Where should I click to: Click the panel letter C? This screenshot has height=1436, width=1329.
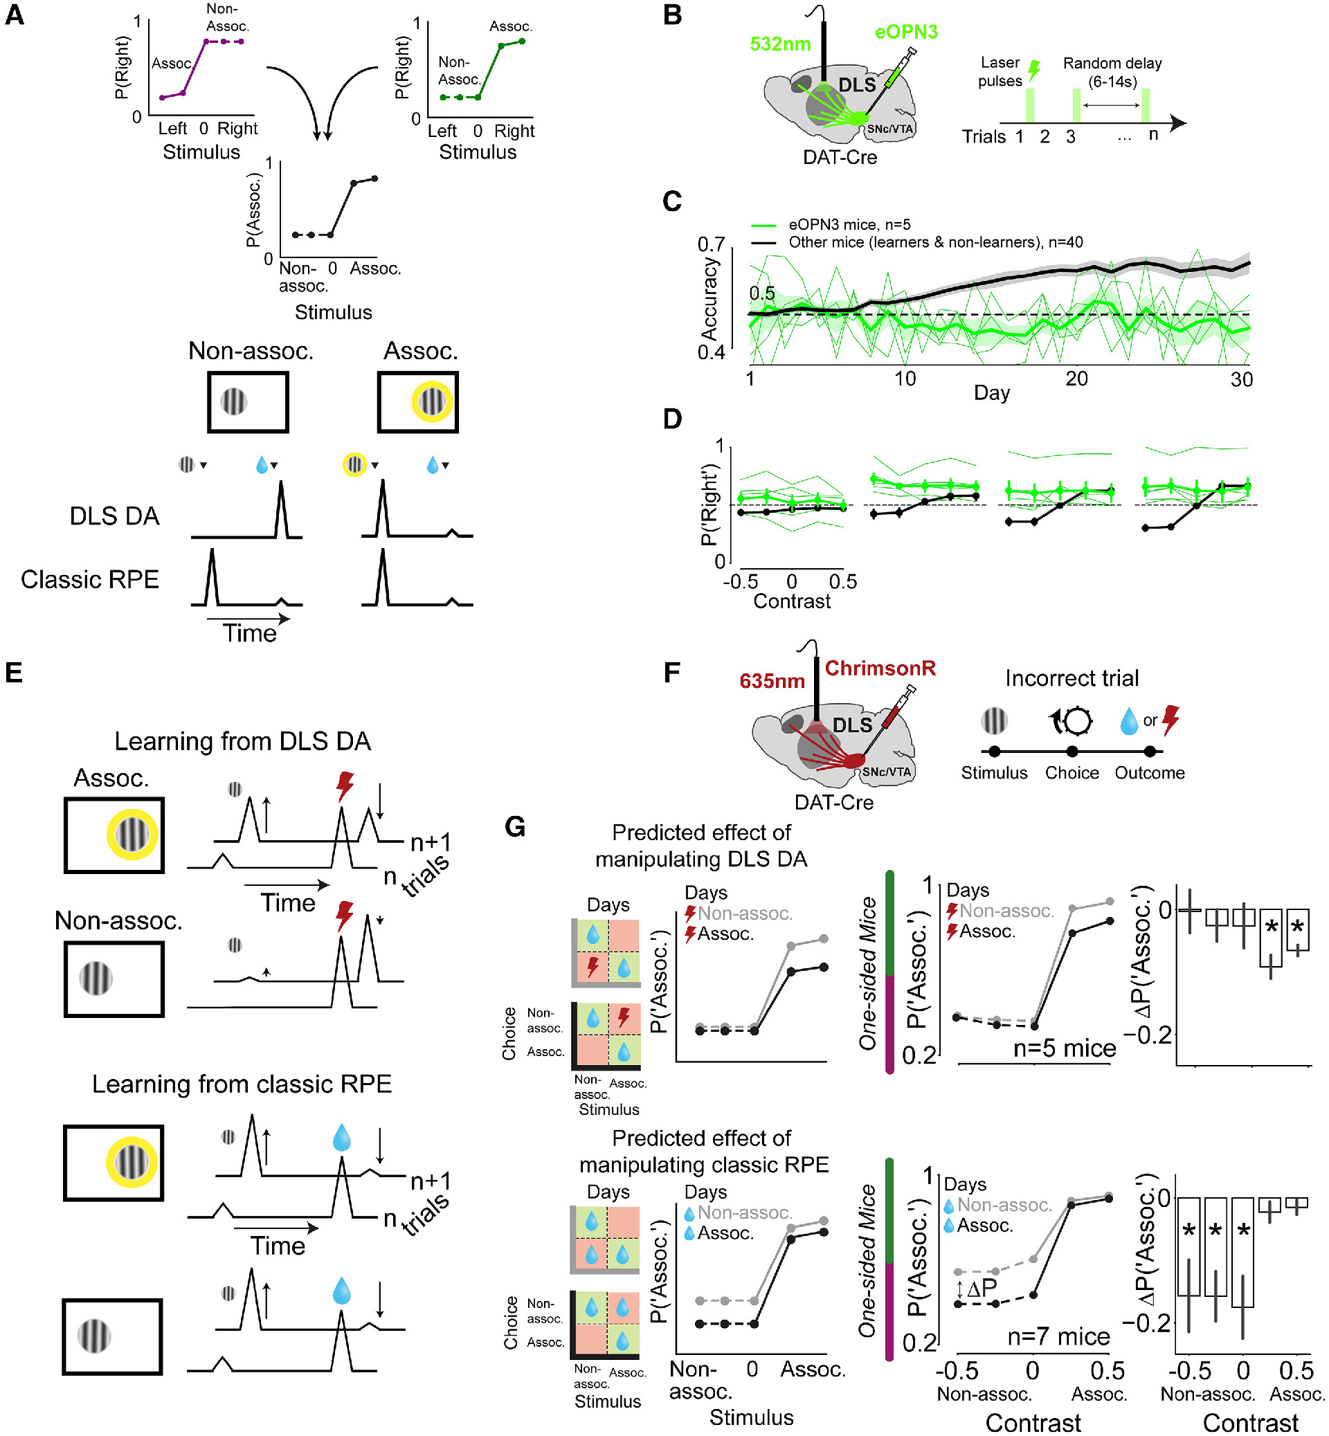pyautogui.click(x=671, y=202)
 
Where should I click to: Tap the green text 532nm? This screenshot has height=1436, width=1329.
pyautogui.click(x=779, y=44)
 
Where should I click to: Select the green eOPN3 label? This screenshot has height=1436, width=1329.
pyautogui.click(x=905, y=32)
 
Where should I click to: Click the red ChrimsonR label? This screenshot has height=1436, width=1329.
pyautogui.click(x=880, y=668)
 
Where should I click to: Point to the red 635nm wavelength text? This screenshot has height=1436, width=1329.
pyautogui.click(x=772, y=680)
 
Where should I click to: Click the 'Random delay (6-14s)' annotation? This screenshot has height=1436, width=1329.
pyautogui.click(x=1112, y=72)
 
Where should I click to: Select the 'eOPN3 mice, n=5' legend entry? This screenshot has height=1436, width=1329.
pyautogui.click(x=849, y=224)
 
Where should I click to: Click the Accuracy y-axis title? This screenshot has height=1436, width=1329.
pyautogui.click(x=709, y=298)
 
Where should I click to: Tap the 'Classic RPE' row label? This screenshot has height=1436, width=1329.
pyautogui.click(x=90, y=579)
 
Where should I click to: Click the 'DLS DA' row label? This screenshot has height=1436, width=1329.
pyautogui.click(x=114, y=516)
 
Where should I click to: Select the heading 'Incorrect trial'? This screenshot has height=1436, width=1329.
pyautogui.click(x=1072, y=678)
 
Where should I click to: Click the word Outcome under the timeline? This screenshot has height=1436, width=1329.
pyautogui.click(x=1149, y=772)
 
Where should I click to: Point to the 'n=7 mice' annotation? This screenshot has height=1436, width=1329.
pyautogui.click(x=1058, y=1336)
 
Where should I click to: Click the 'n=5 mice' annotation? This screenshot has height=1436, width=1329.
pyautogui.click(x=1064, y=1048)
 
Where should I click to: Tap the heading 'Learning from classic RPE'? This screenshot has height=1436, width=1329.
pyautogui.click(x=242, y=1084)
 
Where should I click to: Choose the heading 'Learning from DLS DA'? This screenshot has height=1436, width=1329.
pyautogui.click(x=242, y=741)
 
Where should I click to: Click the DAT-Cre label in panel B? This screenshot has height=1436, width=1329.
pyautogui.click(x=839, y=158)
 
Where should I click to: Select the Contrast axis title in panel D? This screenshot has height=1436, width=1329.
pyautogui.click(x=791, y=601)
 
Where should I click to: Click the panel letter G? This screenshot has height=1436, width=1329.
pyautogui.click(x=515, y=827)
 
